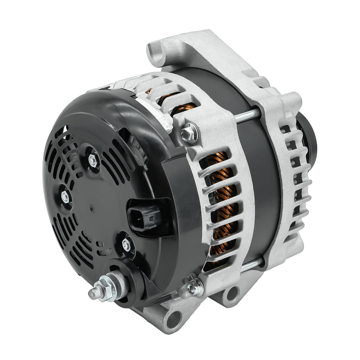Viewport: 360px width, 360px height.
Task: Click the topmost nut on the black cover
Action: tap(93, 159)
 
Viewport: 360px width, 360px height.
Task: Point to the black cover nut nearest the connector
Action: tap(126, 245)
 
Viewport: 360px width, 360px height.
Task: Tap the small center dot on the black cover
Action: tap(92, 209)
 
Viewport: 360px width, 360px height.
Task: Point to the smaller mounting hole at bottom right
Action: tap(232, 295)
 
